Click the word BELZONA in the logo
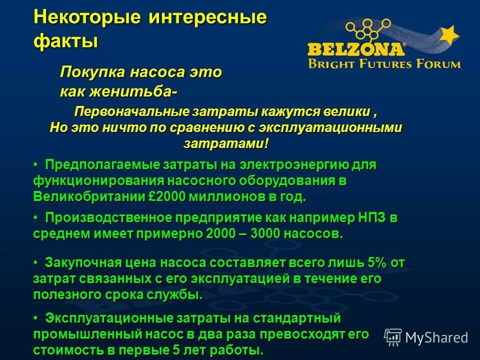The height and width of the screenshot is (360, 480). (x=356, y=49)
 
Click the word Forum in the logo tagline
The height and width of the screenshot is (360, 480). (x=439, y=63)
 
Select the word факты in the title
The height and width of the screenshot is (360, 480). (x=65, y=40)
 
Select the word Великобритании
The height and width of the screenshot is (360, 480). (x=90, y=196)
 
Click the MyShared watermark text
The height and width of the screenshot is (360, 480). (x=436, y=337)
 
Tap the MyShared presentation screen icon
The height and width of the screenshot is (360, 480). (x=393, y=337)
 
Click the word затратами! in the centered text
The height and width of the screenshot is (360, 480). (x=226, y=143)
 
